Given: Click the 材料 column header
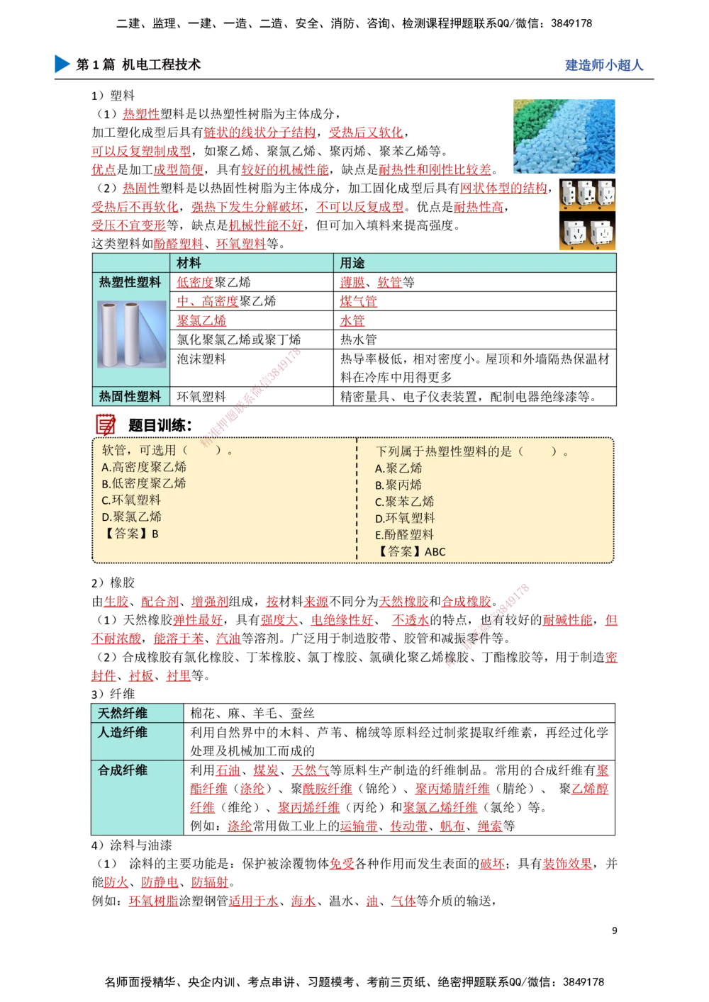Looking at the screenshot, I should tap(189, 263).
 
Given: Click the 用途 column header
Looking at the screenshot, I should tap(352, 263).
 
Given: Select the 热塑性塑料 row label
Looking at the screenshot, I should tap(130, 282).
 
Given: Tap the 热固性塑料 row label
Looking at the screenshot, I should tap(130, 396).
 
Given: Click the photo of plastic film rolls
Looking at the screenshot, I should tap(132, 334).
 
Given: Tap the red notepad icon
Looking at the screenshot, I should tap(106, 424).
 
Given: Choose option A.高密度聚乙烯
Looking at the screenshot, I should tap(144, 467).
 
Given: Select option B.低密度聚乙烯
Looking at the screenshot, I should tap(144, 483).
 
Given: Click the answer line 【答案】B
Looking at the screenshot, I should tap(130, 534).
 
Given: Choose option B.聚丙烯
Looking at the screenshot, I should tap(398, 485).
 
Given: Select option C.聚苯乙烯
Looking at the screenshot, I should tap(404, 502).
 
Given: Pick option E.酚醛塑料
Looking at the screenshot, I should tap(404, 535).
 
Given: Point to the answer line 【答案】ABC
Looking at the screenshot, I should tap(411, 551).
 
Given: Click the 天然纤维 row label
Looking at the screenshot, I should tap(123, 713).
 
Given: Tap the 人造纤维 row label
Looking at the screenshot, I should tap(123, 732).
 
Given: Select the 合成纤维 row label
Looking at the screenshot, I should tap(123, 770).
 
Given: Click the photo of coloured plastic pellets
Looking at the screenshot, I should tap(564, 135).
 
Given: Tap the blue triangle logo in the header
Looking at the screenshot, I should tap(62, 64).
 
